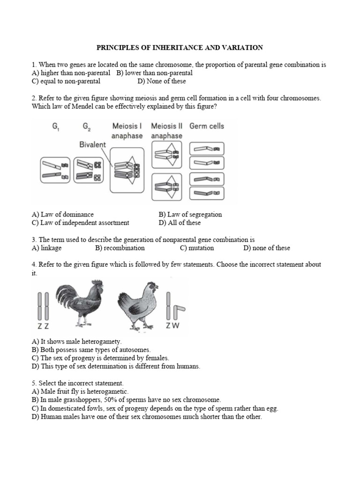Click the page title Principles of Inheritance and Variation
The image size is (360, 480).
[x=180, y=47]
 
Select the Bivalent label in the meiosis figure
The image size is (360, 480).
[x=92, y=144]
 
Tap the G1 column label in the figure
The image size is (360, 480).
[x=50, y=127]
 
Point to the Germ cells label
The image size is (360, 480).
[x=207, y=126]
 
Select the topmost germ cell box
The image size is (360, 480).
[x=207, y=149]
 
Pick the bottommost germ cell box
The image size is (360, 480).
[x=207, y=193]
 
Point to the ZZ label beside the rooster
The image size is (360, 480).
[x=43, y=326]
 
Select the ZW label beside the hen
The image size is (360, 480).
[x=172, y=326]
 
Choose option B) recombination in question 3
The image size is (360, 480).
[x=120, y=248]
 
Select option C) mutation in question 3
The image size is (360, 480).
[x=196, y=248]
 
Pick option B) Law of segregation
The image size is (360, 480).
[x=190, y=214]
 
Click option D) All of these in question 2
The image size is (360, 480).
[x=180, y=223]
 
